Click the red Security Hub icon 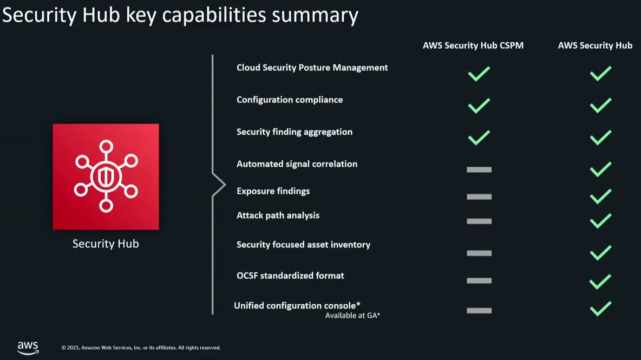point(106,176)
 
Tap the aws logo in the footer point(28,348)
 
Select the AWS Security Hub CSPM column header point(473,45)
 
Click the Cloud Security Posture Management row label point(312,68)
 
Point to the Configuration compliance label point(290,100)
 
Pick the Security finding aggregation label point(295,132)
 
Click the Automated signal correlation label point(297,164)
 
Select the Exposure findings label point(273,191)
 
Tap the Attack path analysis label point(278,215)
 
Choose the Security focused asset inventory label point(303,244)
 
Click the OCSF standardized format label point(290,276)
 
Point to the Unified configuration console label point(297,305)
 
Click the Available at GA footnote point(352,316)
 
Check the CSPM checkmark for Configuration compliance point(479,106)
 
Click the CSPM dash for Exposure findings point(479,197)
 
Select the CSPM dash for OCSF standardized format point(479,281)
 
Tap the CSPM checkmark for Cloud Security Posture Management point(479,74)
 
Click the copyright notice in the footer point(141,348)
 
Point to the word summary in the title point(315,16)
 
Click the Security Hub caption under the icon point(106,244)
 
